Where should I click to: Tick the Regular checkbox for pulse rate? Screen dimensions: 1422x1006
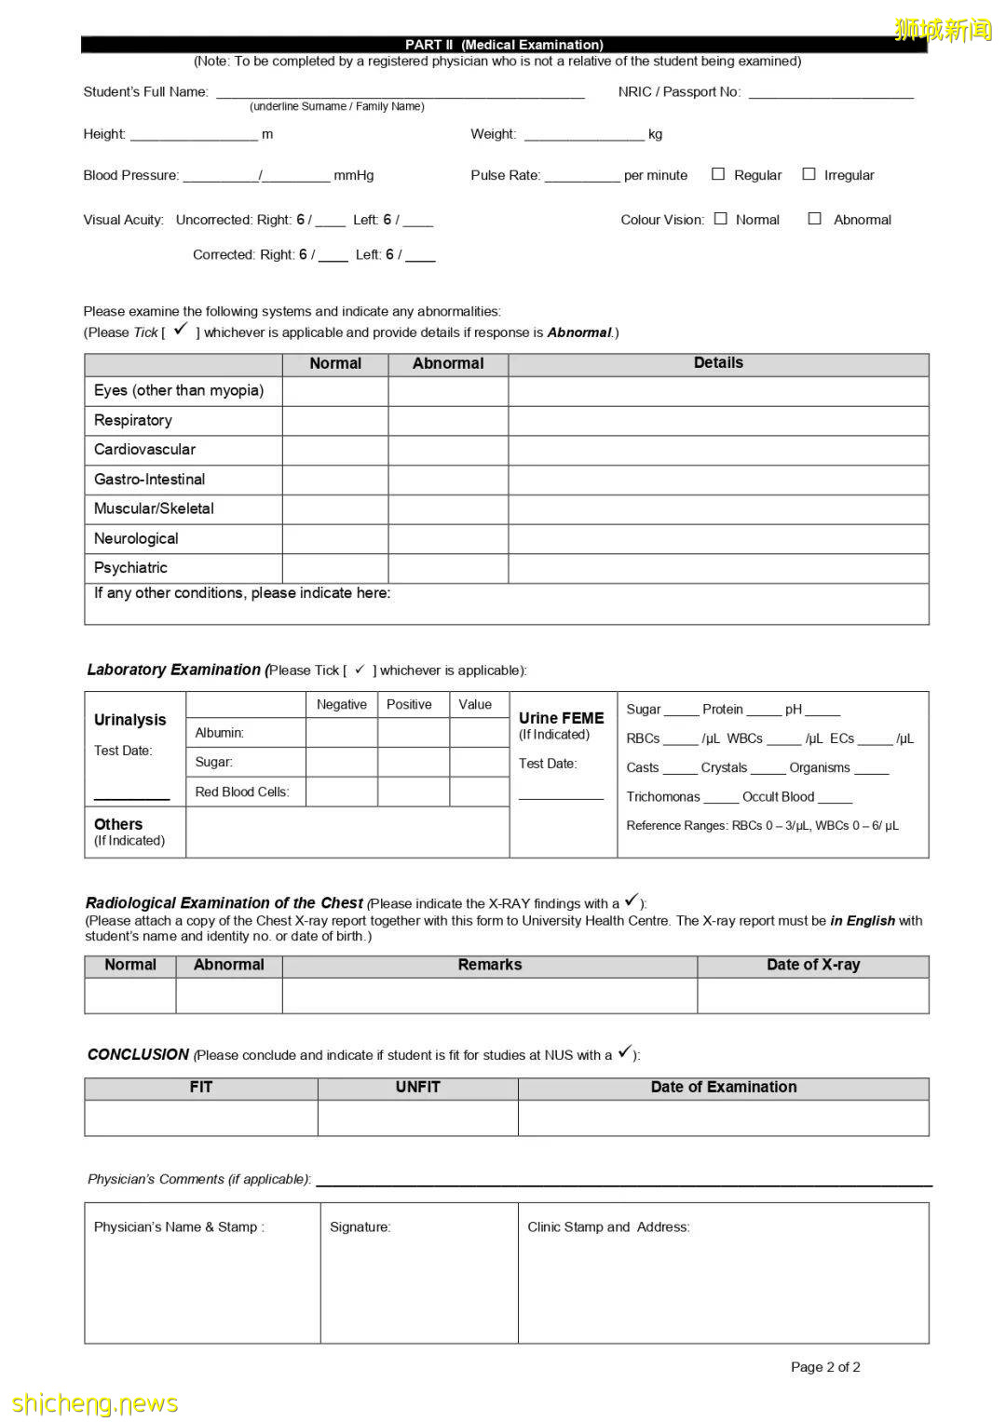pyautogui.click(x=718, y=174)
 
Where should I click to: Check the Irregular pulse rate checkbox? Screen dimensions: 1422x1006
pyautogui.click(x=809, y=174)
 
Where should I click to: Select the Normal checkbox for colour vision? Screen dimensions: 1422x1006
pyautogui.click(x=720, y=219)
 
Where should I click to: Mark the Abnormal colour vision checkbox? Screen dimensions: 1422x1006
pyautogui.click(x=814, y=219)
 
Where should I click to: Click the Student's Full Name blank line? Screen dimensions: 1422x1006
pyautogui.click(x=401, y=91)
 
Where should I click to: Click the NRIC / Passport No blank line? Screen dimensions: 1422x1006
pyautogui.click(x=831, y=91)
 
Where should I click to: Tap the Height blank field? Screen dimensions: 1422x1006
pyautogui.click(x=194, y=134)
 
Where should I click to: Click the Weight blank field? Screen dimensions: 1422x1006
pyautogui.click(x=584, y=134)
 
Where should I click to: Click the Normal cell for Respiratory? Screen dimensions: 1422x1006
pyautogui.click(x=335, y=421)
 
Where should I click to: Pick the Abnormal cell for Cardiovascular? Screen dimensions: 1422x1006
pyautogui.click(x=448, y=451)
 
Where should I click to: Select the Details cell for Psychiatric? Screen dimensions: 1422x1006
pyautogui.click(x=718, y=568)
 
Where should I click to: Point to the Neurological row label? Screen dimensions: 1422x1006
pyautogui.click(x=136, y=538)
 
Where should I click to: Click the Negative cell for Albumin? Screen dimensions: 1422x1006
pyautogui.click(x=342, y=733)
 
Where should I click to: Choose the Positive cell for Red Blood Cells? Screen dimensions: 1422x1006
pyautogui.click(x=414, y=792)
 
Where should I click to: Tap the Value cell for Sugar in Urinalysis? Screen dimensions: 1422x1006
pyautogui.click(x=479, y=762)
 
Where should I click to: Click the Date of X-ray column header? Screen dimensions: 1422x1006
pyautogui.click(x=812, y=966)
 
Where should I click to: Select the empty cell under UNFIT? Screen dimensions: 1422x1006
pyautogui.click(x=417, y=1117)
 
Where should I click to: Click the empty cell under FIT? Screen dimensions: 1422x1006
pyautogui.click(x=201, y=1117)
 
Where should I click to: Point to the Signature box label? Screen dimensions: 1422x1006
pyautogui.click(x=360, y=1227)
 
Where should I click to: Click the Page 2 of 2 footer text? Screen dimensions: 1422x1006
pyautogui.click(x=825, y=1367)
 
